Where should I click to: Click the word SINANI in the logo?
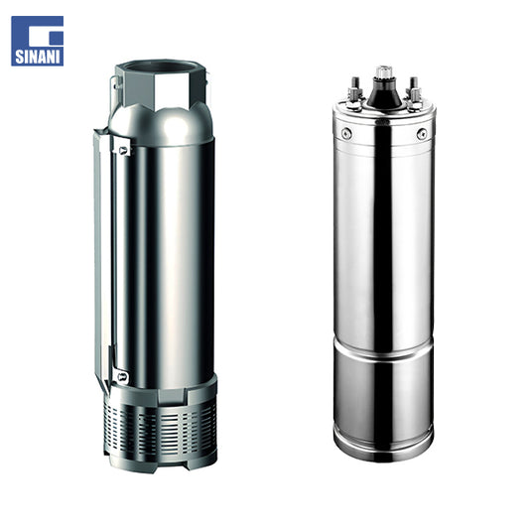[38, 57]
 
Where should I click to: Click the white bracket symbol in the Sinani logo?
[42, 34]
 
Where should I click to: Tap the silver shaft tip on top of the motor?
[384, 71]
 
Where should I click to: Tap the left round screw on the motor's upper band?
[346, 133]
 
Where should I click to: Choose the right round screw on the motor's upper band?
[422, 133]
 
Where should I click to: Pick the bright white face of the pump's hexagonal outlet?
[172, 91]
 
